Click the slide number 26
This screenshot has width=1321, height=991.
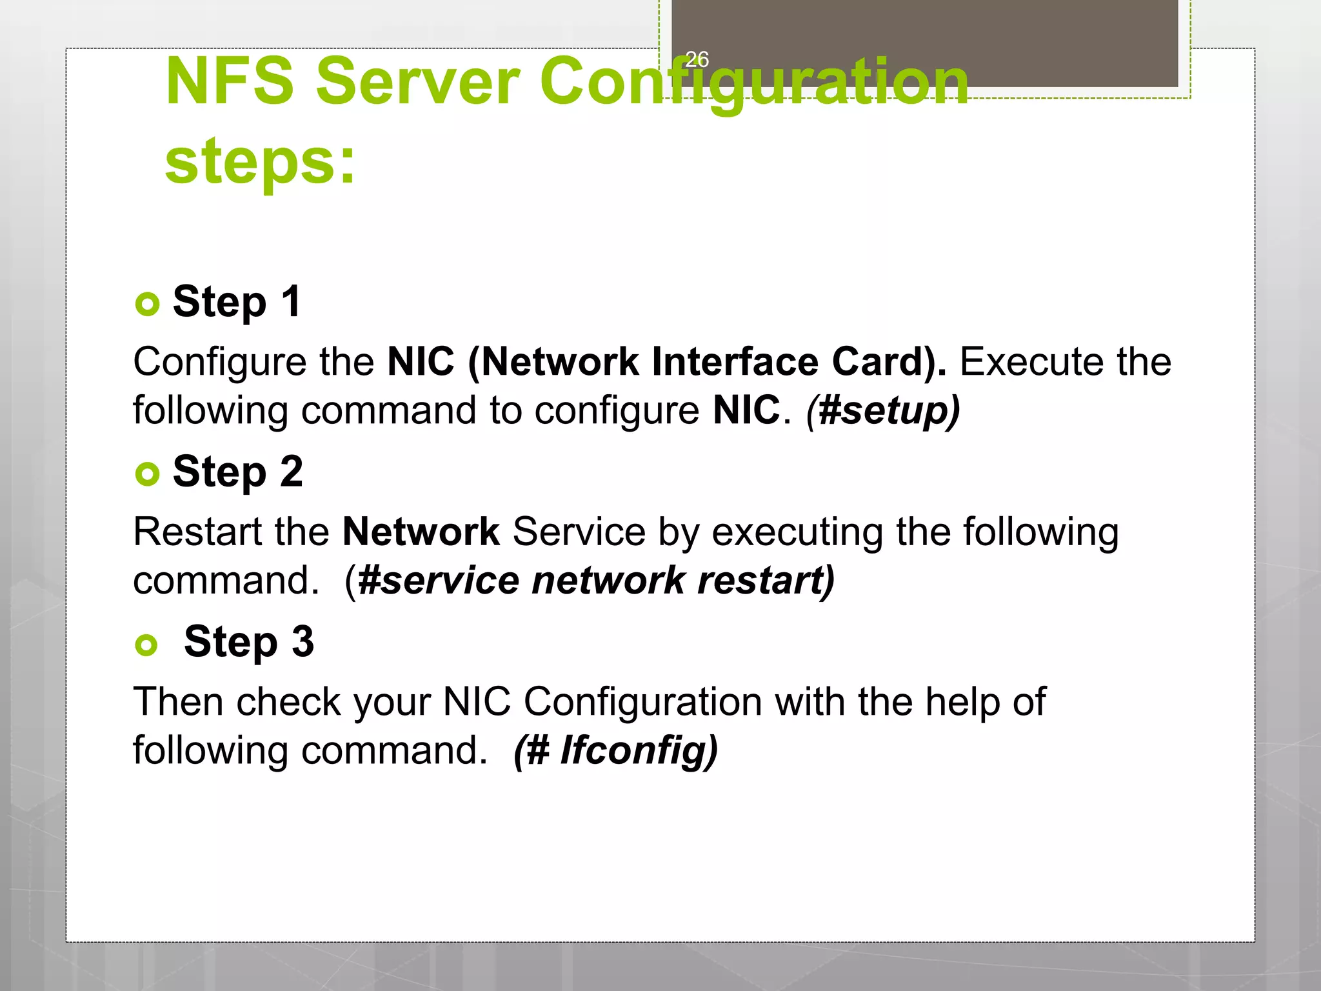point(697,59)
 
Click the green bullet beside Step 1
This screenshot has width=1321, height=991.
point(148,304)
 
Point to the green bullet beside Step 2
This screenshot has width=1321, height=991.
point(148,474)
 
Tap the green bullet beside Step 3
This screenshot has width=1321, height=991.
point(146,645)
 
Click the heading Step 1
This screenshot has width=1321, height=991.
point(237,301)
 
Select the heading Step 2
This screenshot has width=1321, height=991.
point(237,472)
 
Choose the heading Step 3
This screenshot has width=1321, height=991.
point(248,642)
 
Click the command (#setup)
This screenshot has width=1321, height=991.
point(883,410)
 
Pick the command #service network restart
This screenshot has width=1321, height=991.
point(595,580)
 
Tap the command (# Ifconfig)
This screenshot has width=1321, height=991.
point(615,750)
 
